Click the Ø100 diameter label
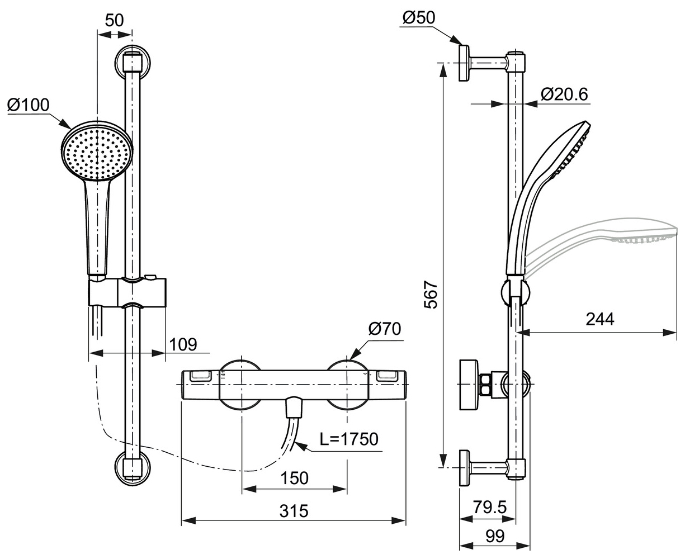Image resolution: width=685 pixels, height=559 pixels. pos(29,105)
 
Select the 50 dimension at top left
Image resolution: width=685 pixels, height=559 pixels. pos(114,21)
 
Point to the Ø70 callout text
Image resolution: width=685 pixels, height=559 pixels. pos(385,329)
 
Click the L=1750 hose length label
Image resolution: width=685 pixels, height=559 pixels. pos(349,439)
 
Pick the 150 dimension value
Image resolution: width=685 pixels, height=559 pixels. pos(294,478)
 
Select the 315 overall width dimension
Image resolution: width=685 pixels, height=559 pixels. pos(294,511)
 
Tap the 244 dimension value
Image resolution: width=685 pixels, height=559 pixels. pos(599,319)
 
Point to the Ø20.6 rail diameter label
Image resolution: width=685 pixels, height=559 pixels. pos(565,94)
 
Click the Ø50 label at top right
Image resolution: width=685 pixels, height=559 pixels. pos(418,18)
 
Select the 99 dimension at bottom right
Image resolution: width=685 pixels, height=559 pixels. pos(494,536)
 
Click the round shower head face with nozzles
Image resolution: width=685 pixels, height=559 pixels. pos(97,151)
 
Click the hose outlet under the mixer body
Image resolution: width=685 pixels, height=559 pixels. pos(294,407)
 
